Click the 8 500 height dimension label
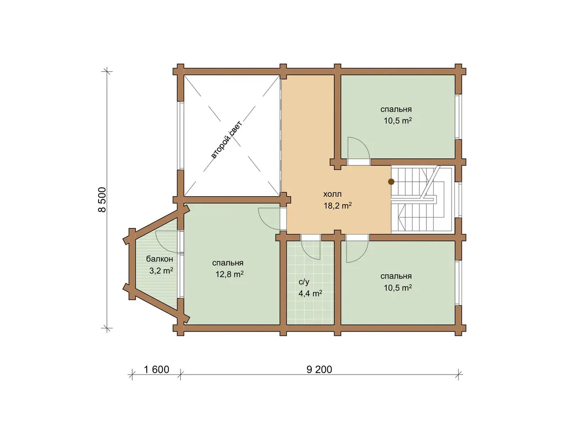(x=102, y=199)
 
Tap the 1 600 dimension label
(x=157, y=369)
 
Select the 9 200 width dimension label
(x=319, y=369)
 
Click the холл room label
(x=332, y=194)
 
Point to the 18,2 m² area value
(x=338, y=205)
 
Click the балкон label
(x=159, y=259)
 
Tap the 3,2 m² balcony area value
(x=161, y=270)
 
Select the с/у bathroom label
(x=304, y=282)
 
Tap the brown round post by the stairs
(x=391, y=182)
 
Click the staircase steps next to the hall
(x=422, y=199)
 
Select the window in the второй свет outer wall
(x=181, y=135)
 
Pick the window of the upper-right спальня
(x=459, y=117)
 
